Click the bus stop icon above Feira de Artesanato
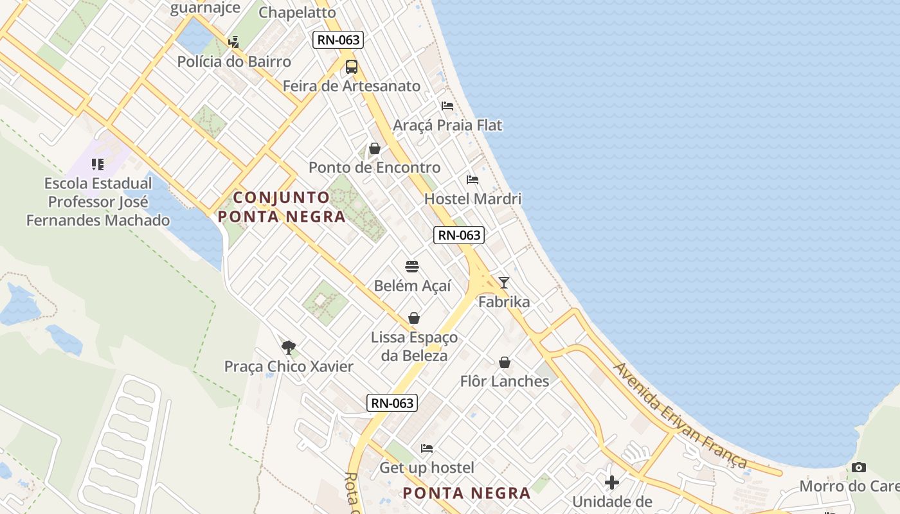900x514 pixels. tap(352, 67)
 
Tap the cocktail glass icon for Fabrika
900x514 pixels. tap(504, 283)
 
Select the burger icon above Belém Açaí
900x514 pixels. tap(412, 267)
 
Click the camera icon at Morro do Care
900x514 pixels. tap(859, 467)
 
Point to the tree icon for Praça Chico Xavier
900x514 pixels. tap(289, 348)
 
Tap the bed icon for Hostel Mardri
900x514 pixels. tap(473, 180)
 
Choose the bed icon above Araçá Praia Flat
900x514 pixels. tap(447, 105)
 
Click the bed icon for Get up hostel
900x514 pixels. tap(427, 448)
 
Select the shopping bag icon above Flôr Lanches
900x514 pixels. tap(505, 362)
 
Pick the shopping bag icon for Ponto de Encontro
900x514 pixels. tap(375, 148)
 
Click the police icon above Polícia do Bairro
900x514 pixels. tap(234, 42)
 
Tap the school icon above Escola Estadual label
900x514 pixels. tap(98, 164)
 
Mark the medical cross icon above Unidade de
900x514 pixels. tap(612, 482)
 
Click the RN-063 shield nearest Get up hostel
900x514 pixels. tap(392, 403)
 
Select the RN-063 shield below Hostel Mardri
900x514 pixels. tap(458, 235)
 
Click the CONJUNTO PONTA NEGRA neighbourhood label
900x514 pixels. tap(282, 207)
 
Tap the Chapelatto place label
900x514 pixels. tap(297, 12)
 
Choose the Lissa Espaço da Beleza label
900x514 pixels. tap(415, 346)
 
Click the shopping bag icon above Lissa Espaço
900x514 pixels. tap(414, 319)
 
